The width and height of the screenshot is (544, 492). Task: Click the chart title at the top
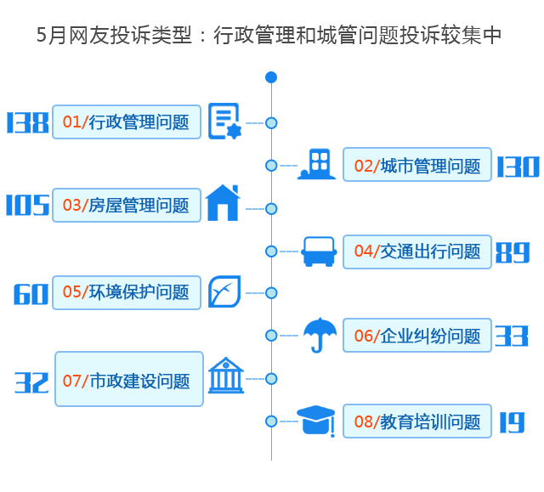coord(270,36)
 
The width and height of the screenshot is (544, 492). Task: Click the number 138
coord(27,123)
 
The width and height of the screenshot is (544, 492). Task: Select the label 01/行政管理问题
coord(126,122)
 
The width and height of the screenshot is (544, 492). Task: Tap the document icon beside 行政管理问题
coord(224,121)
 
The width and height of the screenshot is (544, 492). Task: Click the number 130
coord(518,167)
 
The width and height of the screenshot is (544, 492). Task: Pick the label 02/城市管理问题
coord(416,166)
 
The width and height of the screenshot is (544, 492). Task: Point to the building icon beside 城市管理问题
coord(317,165)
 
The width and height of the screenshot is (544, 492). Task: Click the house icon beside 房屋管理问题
coord(223,203)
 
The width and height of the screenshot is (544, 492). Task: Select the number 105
coord(27,206)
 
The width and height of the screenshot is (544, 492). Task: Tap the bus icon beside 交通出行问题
coord(319,251)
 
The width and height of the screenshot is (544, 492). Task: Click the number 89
coord(513,252)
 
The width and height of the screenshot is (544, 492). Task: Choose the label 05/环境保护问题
coord(126,292)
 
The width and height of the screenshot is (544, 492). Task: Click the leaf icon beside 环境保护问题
coord(224,291)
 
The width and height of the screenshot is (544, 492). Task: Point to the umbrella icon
coord(320,334)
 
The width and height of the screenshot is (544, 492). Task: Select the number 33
coord(512,336)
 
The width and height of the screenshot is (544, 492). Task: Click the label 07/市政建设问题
coord(128,379)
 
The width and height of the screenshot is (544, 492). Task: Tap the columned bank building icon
coord(225,375)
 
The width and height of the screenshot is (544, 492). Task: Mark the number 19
coord(512,422)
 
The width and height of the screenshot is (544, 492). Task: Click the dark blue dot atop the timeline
coord(271,77)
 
